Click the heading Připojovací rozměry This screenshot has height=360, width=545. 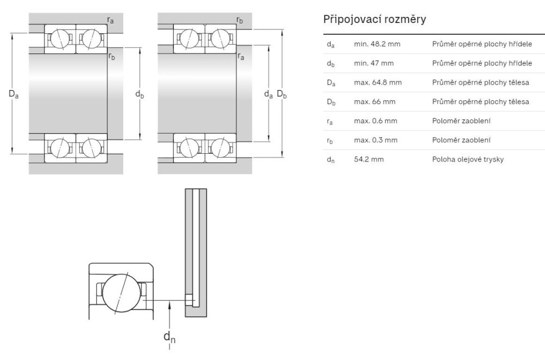coord(374,20)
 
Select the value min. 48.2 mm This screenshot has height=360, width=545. coord(377,44)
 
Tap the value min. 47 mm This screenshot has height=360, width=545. coord(373,63)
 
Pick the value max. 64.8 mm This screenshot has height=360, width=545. coord(378,82)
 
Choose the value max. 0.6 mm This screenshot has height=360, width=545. coord(376,121)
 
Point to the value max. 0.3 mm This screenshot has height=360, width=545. coord(376,140)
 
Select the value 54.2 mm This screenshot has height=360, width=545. coord(366,159)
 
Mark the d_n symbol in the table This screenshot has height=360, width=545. coord(330,160)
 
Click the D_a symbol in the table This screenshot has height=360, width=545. coord(331,83)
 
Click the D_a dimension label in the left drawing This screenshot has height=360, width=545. coord(14,94)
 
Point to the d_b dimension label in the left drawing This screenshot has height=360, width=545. coord(140,94)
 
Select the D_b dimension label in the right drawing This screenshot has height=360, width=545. coord(282,94)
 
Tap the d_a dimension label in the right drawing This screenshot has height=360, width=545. coord(268,94)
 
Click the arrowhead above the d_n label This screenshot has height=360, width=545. coord(170,307)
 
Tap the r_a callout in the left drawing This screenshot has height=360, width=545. coord(111,20)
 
